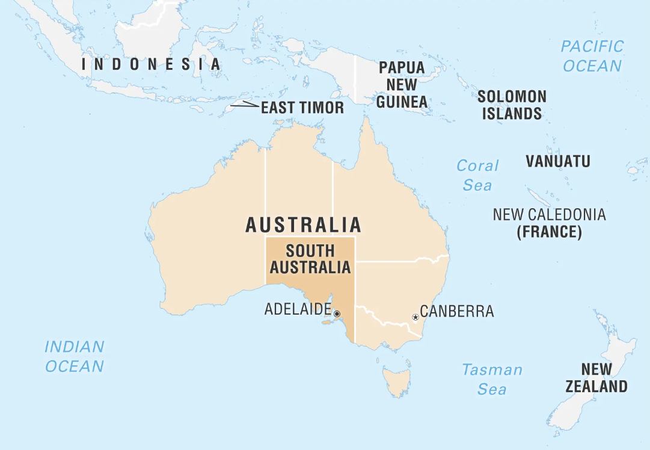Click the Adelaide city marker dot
pyautogui.click(x=337, y=313)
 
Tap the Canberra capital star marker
pyautogui.click(x=415, y=317)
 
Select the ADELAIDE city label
pyautogui.click(x=297, y=309)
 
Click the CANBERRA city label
pyautogui.click(x=456, y=311)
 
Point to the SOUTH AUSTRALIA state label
pyautogui.click(x=310, y=259)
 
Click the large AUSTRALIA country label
pyautogui.click(x=304, y=225)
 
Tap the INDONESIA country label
pyautogui.click(x=151, y=64)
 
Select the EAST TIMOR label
pyautogui.click(x=302, y=108)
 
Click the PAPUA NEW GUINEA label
pyautogui.click(x=402, y=85)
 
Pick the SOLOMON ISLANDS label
pyautogui.click(x=512, y=105)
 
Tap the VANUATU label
pyautogui.click(x=557, y=161)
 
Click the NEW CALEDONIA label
pyautogui.click(x=549, y=214)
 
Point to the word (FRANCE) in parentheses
pyautogui.click(x=549, y=232)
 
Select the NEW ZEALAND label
pyautogui.click(x=596, y=378)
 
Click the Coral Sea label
pyautogui.click(x=477, y=175)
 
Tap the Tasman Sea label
pyautogui.click(x=492, y=379)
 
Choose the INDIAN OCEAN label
pyautogui.click(x=75, y=356)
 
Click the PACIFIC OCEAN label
pyautogui.click(x=592, y=56)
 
